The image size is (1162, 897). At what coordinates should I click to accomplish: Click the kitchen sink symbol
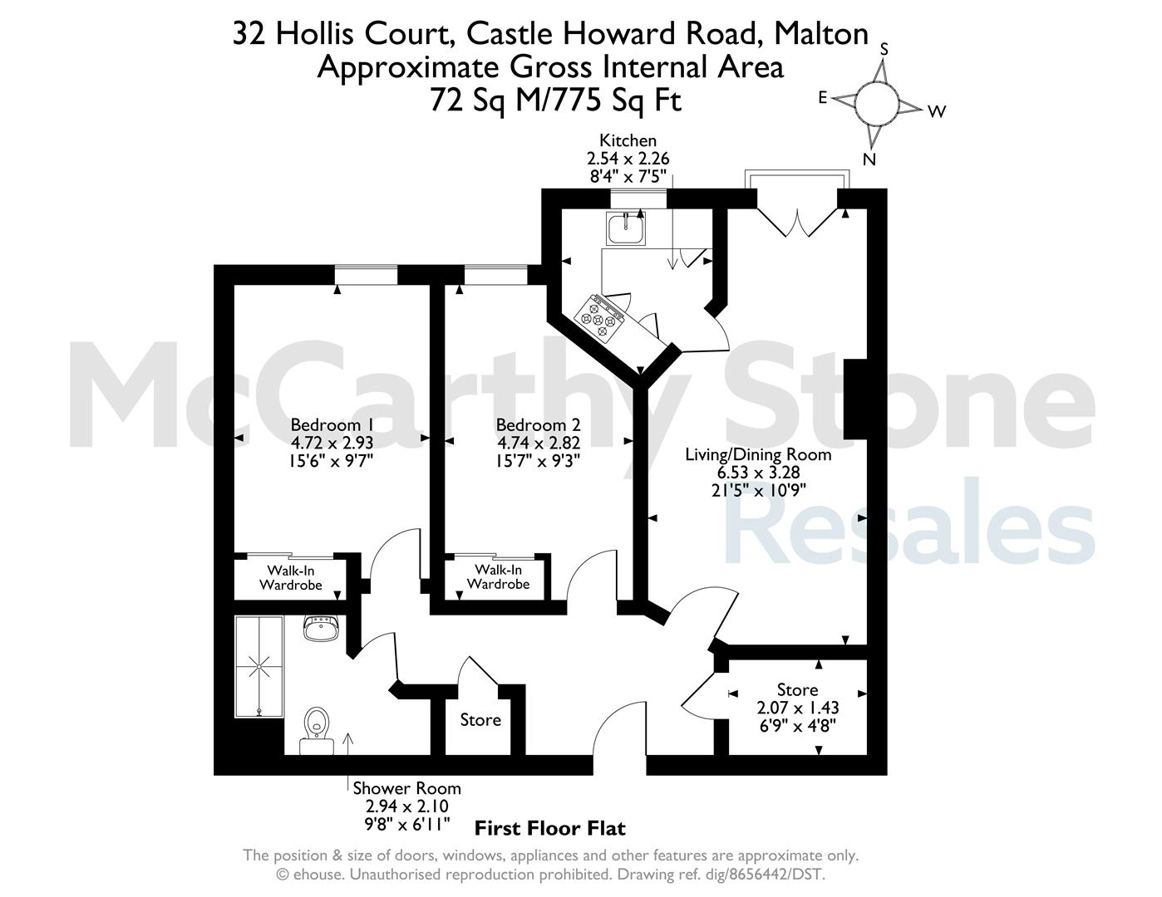(x=626, y=228)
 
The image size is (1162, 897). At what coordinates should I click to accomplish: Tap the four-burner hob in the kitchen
(x=599, y=318)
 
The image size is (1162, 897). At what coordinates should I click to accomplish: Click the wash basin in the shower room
(x=321, y=628)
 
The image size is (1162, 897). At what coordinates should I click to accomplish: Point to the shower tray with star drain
(x=258, y=667)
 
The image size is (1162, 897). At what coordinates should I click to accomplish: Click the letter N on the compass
(x=869, y=159)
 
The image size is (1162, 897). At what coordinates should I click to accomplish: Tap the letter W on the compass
(x=937, y=111)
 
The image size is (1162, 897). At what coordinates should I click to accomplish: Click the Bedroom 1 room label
(x=332, y=424)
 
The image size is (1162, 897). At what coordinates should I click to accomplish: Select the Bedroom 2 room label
(x=538, y=424)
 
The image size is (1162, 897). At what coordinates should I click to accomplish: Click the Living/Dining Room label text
(x=758, y=454)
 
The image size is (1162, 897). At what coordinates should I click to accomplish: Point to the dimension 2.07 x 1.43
(x=798, y=708)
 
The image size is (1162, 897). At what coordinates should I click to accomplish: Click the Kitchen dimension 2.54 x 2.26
(x=628, y=159)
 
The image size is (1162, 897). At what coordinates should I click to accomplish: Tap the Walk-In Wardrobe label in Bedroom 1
(x=291, y=577)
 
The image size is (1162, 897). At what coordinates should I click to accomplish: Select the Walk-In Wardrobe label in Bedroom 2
(x=499, y=576)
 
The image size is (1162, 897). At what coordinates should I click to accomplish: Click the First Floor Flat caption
(x=550, y=829)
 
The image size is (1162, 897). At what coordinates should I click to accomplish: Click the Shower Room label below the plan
(x=407, y=788)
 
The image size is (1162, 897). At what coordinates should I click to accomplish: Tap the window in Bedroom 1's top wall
(x=367, y=275)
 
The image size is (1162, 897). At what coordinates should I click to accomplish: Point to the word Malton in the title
(x=821, y=34)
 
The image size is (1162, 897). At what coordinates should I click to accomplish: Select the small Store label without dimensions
(x=480, y=720)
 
